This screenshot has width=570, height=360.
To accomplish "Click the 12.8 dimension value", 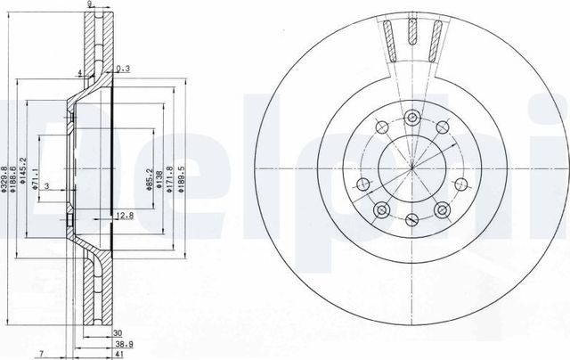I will tap(125, 215).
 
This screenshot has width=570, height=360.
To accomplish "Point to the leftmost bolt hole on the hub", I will tap(362, 184).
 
